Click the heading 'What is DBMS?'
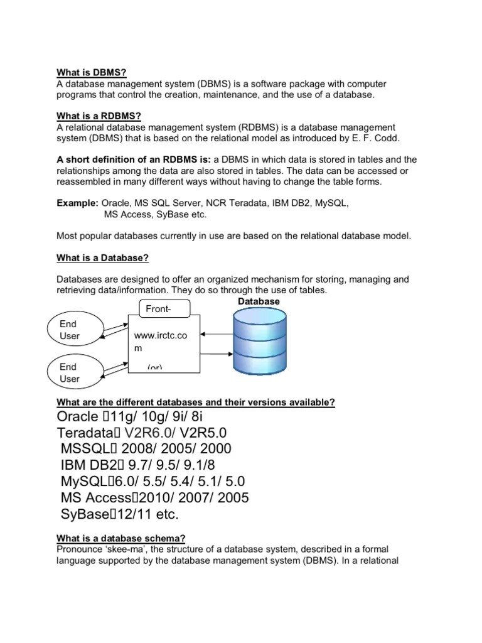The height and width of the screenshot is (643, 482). (92, 72)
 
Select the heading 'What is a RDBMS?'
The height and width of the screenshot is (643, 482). (99, 116)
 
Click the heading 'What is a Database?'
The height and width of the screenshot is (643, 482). (103, 258)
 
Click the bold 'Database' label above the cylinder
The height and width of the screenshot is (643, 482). (259, 302)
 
